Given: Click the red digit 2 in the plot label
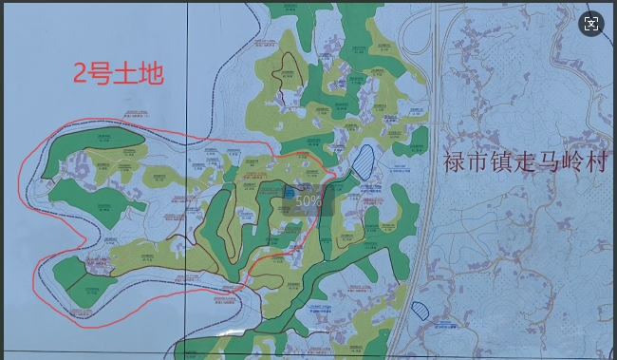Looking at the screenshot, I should tap(84, 74).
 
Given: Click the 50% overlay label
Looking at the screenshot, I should tap(308, 201).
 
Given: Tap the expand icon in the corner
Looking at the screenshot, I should tap(591, 25).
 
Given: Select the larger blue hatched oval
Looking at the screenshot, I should tap(363, 163).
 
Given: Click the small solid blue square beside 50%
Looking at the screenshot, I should tap(289, 193).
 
